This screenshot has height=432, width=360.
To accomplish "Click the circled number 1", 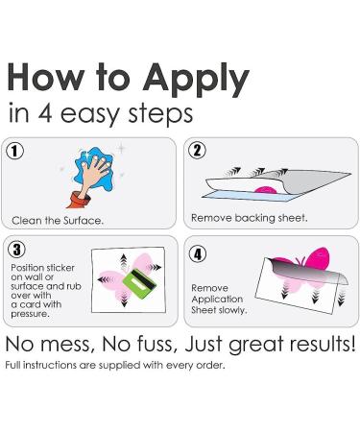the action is pos(14,152).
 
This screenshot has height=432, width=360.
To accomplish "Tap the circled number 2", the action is pos(198,151).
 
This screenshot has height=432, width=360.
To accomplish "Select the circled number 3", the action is pos(16,250).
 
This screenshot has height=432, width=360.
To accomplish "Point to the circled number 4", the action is pos(198,253).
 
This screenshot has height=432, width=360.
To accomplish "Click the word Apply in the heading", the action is pos(196,79).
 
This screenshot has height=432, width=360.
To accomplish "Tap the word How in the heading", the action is pos(46,77).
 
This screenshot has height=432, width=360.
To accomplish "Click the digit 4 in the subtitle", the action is pos(45,113).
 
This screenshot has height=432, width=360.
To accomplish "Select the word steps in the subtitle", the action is pos(160,114).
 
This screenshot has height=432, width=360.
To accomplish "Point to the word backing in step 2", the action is pos(254,218).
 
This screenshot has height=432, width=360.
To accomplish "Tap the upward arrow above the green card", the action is pos(124,262).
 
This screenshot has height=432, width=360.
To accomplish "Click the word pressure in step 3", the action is pos(30,314).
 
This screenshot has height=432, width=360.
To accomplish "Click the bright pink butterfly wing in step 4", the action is pos(317,259).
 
